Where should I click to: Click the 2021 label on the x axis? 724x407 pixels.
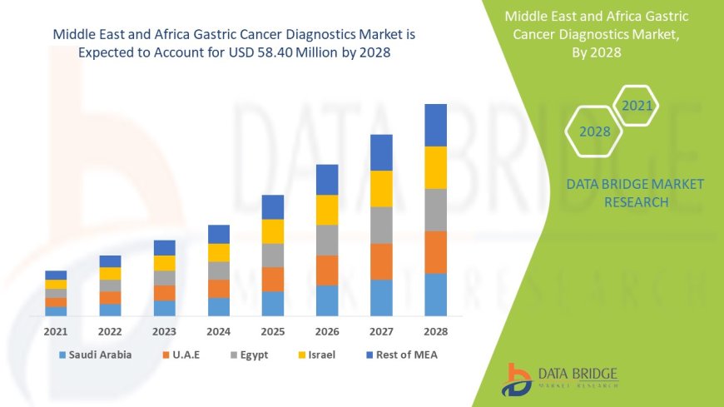[x=56, y=330]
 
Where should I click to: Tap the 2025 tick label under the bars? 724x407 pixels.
[x=273, y=330]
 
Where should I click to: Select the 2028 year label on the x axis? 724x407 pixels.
[x=435, y=330]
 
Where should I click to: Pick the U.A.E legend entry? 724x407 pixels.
[x=189, y=355]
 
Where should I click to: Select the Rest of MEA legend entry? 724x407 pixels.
[x=402, y=355]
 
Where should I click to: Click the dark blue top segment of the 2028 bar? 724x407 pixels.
[x=435, y=125]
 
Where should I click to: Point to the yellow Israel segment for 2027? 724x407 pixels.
[x=381, y=188]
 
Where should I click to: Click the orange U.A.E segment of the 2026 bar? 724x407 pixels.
[x=327, y=270]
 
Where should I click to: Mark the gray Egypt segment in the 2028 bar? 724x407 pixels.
[x=435, y=210]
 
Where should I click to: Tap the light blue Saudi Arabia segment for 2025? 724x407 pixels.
[x=273, y=303]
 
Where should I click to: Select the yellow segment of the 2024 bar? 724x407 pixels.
[x=219, y=252]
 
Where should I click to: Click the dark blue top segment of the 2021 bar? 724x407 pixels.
[x=56, y=275]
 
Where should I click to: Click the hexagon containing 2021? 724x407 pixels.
[x=637, y=106]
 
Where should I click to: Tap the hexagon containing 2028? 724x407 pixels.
[x=594, y=132]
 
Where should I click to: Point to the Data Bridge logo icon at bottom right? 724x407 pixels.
[x=517, y=379]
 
